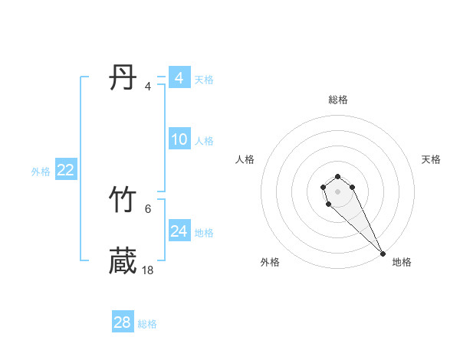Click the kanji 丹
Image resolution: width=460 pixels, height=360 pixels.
coord(123,78)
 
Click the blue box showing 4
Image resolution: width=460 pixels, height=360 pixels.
coord(179,78)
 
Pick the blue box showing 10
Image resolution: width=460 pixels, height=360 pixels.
coord(179,139)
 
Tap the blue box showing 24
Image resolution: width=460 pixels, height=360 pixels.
coord(179,231)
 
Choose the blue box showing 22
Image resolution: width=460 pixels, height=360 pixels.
coord(65,170)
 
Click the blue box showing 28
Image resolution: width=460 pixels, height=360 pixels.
coord(123,322)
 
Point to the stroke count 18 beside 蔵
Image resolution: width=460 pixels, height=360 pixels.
coord(148,270)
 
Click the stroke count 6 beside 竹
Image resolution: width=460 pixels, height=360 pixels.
coord(148,208)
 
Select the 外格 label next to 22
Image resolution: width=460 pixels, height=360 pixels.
coord(41,172)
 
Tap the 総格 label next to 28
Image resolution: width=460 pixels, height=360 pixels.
coord(147,324)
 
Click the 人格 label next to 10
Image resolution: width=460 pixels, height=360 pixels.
coord(204,141)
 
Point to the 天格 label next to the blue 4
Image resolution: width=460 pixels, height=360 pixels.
coord(204,80)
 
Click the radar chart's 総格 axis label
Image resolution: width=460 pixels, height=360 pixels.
coord(338,100)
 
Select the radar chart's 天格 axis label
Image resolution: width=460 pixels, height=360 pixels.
coord(432,159)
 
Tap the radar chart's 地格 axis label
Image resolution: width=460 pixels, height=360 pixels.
coord(402,262)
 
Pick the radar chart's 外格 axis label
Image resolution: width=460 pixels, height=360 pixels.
coord(270,262)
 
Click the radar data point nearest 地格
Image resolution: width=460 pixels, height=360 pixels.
coord(383,254)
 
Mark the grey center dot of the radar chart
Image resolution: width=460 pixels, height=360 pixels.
coord(338,190)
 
